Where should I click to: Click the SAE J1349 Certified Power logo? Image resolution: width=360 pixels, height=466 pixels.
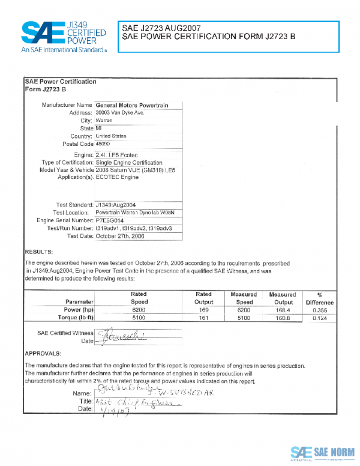pyautogui.click(x=63, y=36)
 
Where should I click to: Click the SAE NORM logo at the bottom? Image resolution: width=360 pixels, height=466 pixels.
pyautogui.click(x=322, y=452)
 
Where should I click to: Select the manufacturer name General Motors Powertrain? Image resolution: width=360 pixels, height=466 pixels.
pyautogui.click(x=132, y=105)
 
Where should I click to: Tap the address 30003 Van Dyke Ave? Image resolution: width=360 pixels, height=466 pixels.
pyautogui.click(x=120, y=113)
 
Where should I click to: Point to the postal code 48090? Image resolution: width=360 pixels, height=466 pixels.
pyautogui.click(x=104, y=144)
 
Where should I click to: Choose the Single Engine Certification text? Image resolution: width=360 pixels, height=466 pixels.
pyautogui.click(x=129, y=163)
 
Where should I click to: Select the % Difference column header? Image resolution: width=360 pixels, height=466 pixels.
pyautogui.click(x=319, y=298)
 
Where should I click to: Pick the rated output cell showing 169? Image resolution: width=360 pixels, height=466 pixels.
pyautogui.click(x=203, y=310)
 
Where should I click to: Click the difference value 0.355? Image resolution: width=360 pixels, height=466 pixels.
pyautogui.click(x=319, y=310)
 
